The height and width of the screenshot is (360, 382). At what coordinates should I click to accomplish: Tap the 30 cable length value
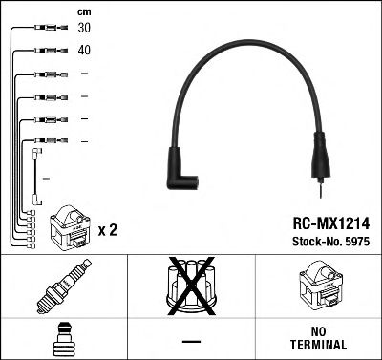click(85, 29)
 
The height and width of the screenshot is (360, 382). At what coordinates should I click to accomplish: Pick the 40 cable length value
click(85, 50)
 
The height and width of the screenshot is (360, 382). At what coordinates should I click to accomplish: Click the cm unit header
click(84, 11)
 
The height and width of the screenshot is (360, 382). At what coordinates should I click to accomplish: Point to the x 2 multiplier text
click(107, 229)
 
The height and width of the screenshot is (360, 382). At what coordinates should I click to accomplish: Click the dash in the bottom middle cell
click(191, 338)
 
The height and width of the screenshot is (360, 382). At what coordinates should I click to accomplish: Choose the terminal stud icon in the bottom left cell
click(63, 338)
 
